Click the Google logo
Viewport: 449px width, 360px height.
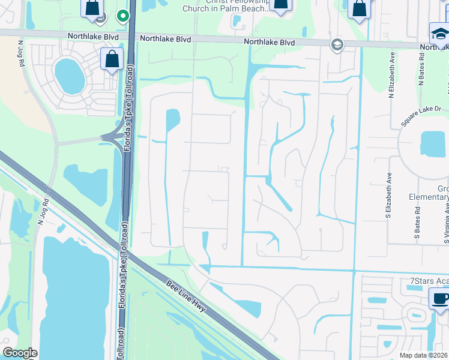coord(20,353)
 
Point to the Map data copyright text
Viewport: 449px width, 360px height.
coord(424,355)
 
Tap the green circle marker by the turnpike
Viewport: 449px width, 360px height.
coord(123,16)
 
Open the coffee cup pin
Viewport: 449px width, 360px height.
coord(439,299)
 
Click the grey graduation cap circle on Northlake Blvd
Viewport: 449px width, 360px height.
coord(337,44)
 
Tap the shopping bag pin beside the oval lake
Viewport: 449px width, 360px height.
coord(112,59)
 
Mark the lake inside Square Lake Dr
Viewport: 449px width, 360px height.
coord(433,144)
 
